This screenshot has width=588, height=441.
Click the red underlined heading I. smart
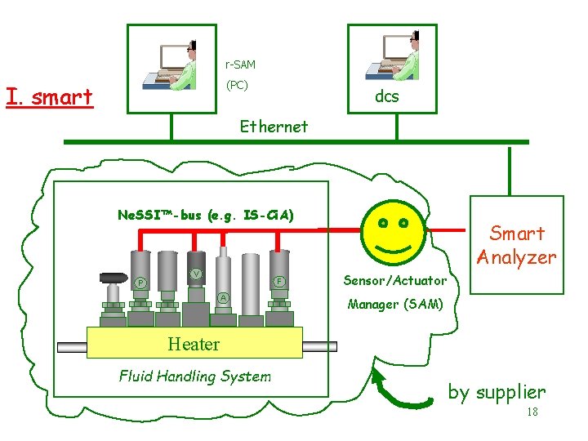(x=49, y=97)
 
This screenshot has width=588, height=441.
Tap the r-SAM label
(x=240, y=64)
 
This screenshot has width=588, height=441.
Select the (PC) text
(x=237, y=85)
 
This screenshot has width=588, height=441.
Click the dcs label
(x=386, y=96)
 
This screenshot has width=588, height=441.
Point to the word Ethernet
(x=274, y=127)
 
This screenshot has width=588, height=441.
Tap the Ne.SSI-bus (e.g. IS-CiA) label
(x=206, y=216)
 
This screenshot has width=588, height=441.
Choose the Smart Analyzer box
(x=516, y=244)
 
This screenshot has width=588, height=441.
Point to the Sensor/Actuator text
(x=394, y=280)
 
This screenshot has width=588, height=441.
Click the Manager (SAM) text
(x=395, y=305)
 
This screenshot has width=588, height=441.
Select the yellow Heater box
(x=194, y=343)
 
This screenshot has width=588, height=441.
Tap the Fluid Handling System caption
(x=194, y=376)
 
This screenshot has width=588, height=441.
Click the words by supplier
(x=496, y=392)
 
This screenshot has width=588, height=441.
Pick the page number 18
(x=532, y=412)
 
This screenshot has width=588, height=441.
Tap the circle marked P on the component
(x=140, y=283)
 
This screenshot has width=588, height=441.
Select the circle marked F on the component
(x=278, y=282)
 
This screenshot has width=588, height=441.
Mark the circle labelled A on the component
(x=223, y=296)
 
